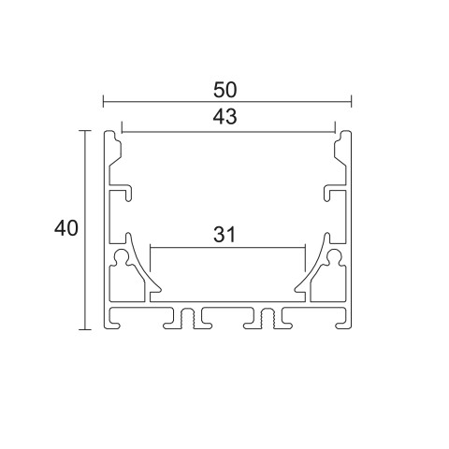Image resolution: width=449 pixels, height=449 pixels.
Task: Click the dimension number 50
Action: (x=224, y=90)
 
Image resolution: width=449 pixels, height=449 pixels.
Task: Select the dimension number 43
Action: (x=224, y=117)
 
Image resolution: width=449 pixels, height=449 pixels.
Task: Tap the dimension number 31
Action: (x=224, y=235)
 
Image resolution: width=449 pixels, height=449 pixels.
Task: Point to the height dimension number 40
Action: (x=65, y=228)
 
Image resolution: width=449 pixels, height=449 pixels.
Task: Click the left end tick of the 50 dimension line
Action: (x=103, y=102)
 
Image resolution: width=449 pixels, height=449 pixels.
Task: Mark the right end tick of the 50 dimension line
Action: (x=352, y=102)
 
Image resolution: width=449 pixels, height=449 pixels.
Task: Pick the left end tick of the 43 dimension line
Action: (x=122, y=127)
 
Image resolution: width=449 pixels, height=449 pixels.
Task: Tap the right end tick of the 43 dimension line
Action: (x=335, y=127)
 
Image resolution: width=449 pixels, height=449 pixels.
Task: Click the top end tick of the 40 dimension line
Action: (x=84, y=130)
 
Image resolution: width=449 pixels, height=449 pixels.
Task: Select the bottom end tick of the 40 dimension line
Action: (x=84, y=329)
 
